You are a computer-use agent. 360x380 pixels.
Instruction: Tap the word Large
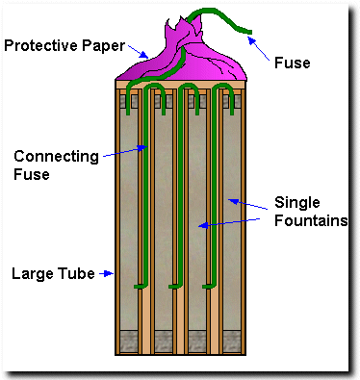click(x=33, y=274)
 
